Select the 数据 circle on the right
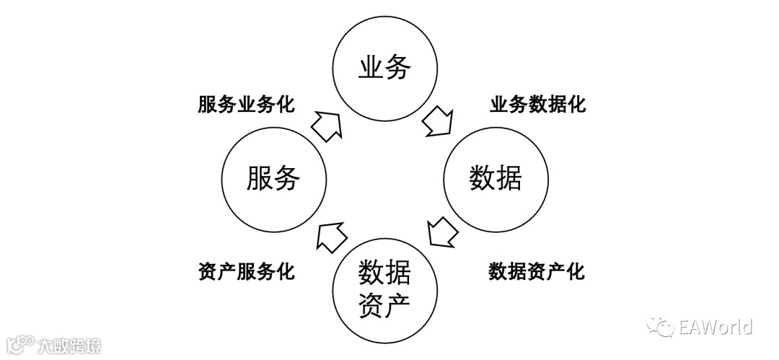point(496,177)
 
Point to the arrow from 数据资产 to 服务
point(332,236)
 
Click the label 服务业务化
point(246,105)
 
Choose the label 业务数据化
point(537,105)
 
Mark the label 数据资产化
point(537,272)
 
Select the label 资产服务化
point(246,272)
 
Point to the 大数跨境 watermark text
point(69,346)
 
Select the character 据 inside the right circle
point(509,177)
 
